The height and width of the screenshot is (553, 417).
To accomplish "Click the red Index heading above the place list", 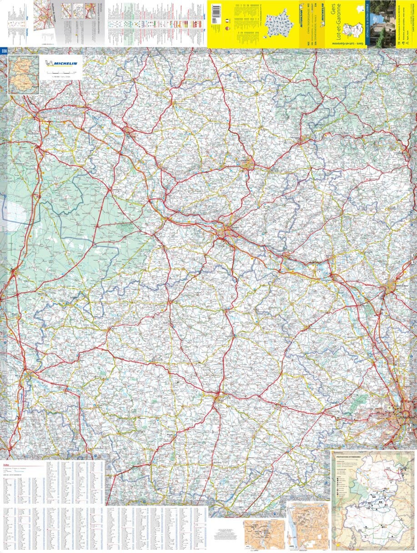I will tap(6, 465).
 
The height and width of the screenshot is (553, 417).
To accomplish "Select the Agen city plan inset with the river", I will tap(307, 526).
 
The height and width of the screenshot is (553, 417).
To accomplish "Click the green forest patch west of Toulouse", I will tap(359, 401).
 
